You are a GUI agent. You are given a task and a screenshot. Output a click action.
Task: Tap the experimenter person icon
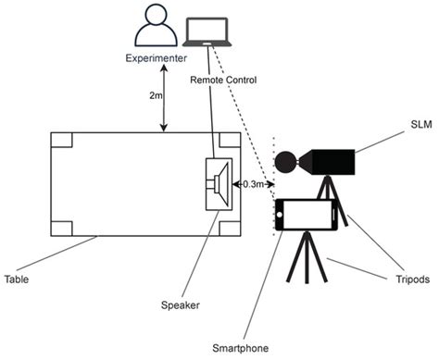tap(152, 25)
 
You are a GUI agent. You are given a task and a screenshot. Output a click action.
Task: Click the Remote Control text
tap(222, 81)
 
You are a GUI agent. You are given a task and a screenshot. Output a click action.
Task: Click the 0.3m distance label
tap(250, 184)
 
